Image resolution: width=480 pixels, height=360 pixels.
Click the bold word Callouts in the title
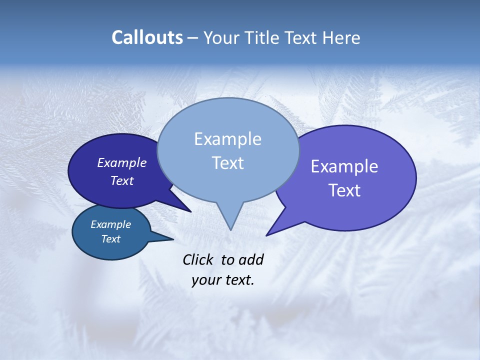(x=147, y=37)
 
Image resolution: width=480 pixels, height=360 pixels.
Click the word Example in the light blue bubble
(x=227, y=139)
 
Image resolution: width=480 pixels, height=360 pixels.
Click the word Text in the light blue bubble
(x=227, y=163)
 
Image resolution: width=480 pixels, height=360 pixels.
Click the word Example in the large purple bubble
(x=344, y=166)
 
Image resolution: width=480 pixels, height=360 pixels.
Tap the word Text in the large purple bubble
(x=344, y=190)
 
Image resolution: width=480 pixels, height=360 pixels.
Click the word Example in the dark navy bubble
(x=122, y=162)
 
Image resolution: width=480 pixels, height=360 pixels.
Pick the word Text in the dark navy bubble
(x=122, y=180)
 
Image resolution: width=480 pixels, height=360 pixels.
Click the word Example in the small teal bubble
(x=110, y=224)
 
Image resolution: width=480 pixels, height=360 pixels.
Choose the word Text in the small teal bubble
(x=110, y=239)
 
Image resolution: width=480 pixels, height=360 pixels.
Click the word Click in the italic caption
(x=198, y=259)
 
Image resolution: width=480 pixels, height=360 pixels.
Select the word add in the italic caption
(x=250, y=259)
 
